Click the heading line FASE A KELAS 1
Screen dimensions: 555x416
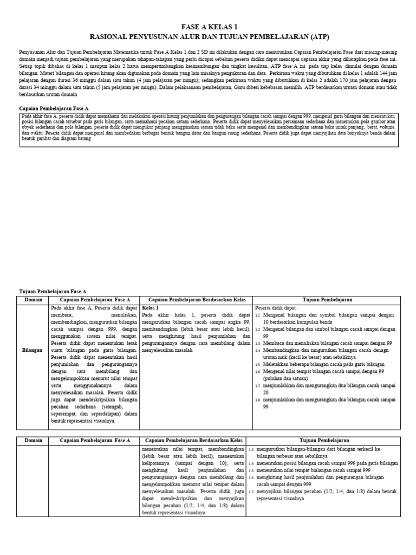pos(209,27)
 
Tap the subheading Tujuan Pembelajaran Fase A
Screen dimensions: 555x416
pos(53,292)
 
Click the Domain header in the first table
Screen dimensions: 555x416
pos(32,300)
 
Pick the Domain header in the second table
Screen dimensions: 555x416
pos(32,440)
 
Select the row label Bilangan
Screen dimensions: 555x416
pos(32,350)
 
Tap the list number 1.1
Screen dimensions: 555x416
pos(258,315)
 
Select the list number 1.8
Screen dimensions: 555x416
pos(258,400)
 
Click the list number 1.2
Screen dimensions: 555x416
pos(258,329)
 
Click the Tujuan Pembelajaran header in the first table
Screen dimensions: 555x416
pos(327,300)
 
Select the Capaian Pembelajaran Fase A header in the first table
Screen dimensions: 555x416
pos(95,300)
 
